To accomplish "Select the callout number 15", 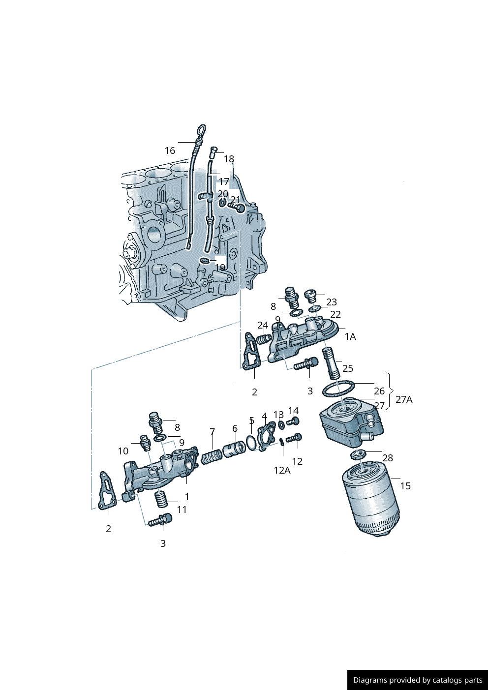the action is (405, 486).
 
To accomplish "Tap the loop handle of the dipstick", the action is (201, 131).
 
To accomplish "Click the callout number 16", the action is (170, 150).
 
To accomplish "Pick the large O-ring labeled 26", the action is (338, 389).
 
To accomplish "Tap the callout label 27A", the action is (404, 399).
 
